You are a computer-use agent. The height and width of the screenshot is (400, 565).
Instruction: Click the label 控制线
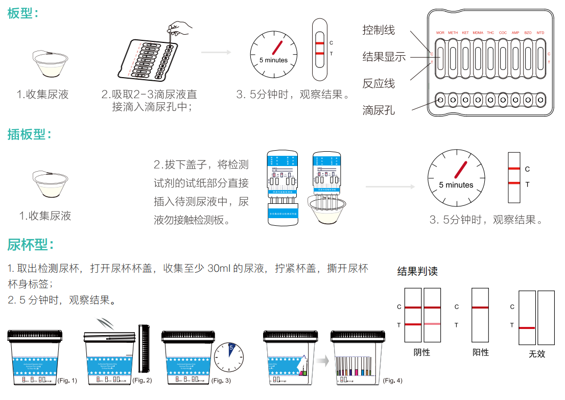379,30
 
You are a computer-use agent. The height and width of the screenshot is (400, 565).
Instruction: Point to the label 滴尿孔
379,110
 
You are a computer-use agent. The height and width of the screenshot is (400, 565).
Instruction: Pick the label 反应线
379,83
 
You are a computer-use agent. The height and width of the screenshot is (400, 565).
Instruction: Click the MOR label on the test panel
440,33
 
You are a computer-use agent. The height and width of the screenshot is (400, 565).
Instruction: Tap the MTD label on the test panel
540,33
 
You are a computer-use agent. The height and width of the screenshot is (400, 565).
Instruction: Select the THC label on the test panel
490,33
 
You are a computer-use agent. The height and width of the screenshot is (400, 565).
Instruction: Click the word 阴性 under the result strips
422,352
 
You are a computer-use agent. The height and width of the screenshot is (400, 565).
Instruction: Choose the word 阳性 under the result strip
481,352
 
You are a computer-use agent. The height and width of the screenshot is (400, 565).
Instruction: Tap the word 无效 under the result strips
536,354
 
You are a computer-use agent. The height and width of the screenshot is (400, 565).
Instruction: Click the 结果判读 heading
417,271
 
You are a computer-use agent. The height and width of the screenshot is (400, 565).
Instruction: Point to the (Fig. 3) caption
221,381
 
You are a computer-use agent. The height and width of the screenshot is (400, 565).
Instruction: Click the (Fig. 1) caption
67,381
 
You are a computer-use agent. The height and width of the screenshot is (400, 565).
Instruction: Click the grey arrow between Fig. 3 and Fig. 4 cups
322,362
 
